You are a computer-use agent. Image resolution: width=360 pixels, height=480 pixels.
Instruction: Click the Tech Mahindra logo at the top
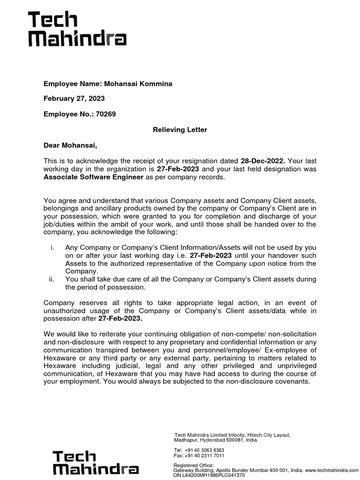click(78, 30)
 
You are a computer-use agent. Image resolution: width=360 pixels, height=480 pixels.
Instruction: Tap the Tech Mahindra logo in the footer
click(95, 463)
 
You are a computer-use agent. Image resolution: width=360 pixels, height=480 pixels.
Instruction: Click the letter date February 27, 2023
click(74, 98)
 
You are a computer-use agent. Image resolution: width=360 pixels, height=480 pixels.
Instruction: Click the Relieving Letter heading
click(180, 129)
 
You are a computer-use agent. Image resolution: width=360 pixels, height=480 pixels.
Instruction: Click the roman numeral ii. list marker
click(52, 279)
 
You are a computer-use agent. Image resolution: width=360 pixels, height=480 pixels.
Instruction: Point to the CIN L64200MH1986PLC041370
click(209, 475)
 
